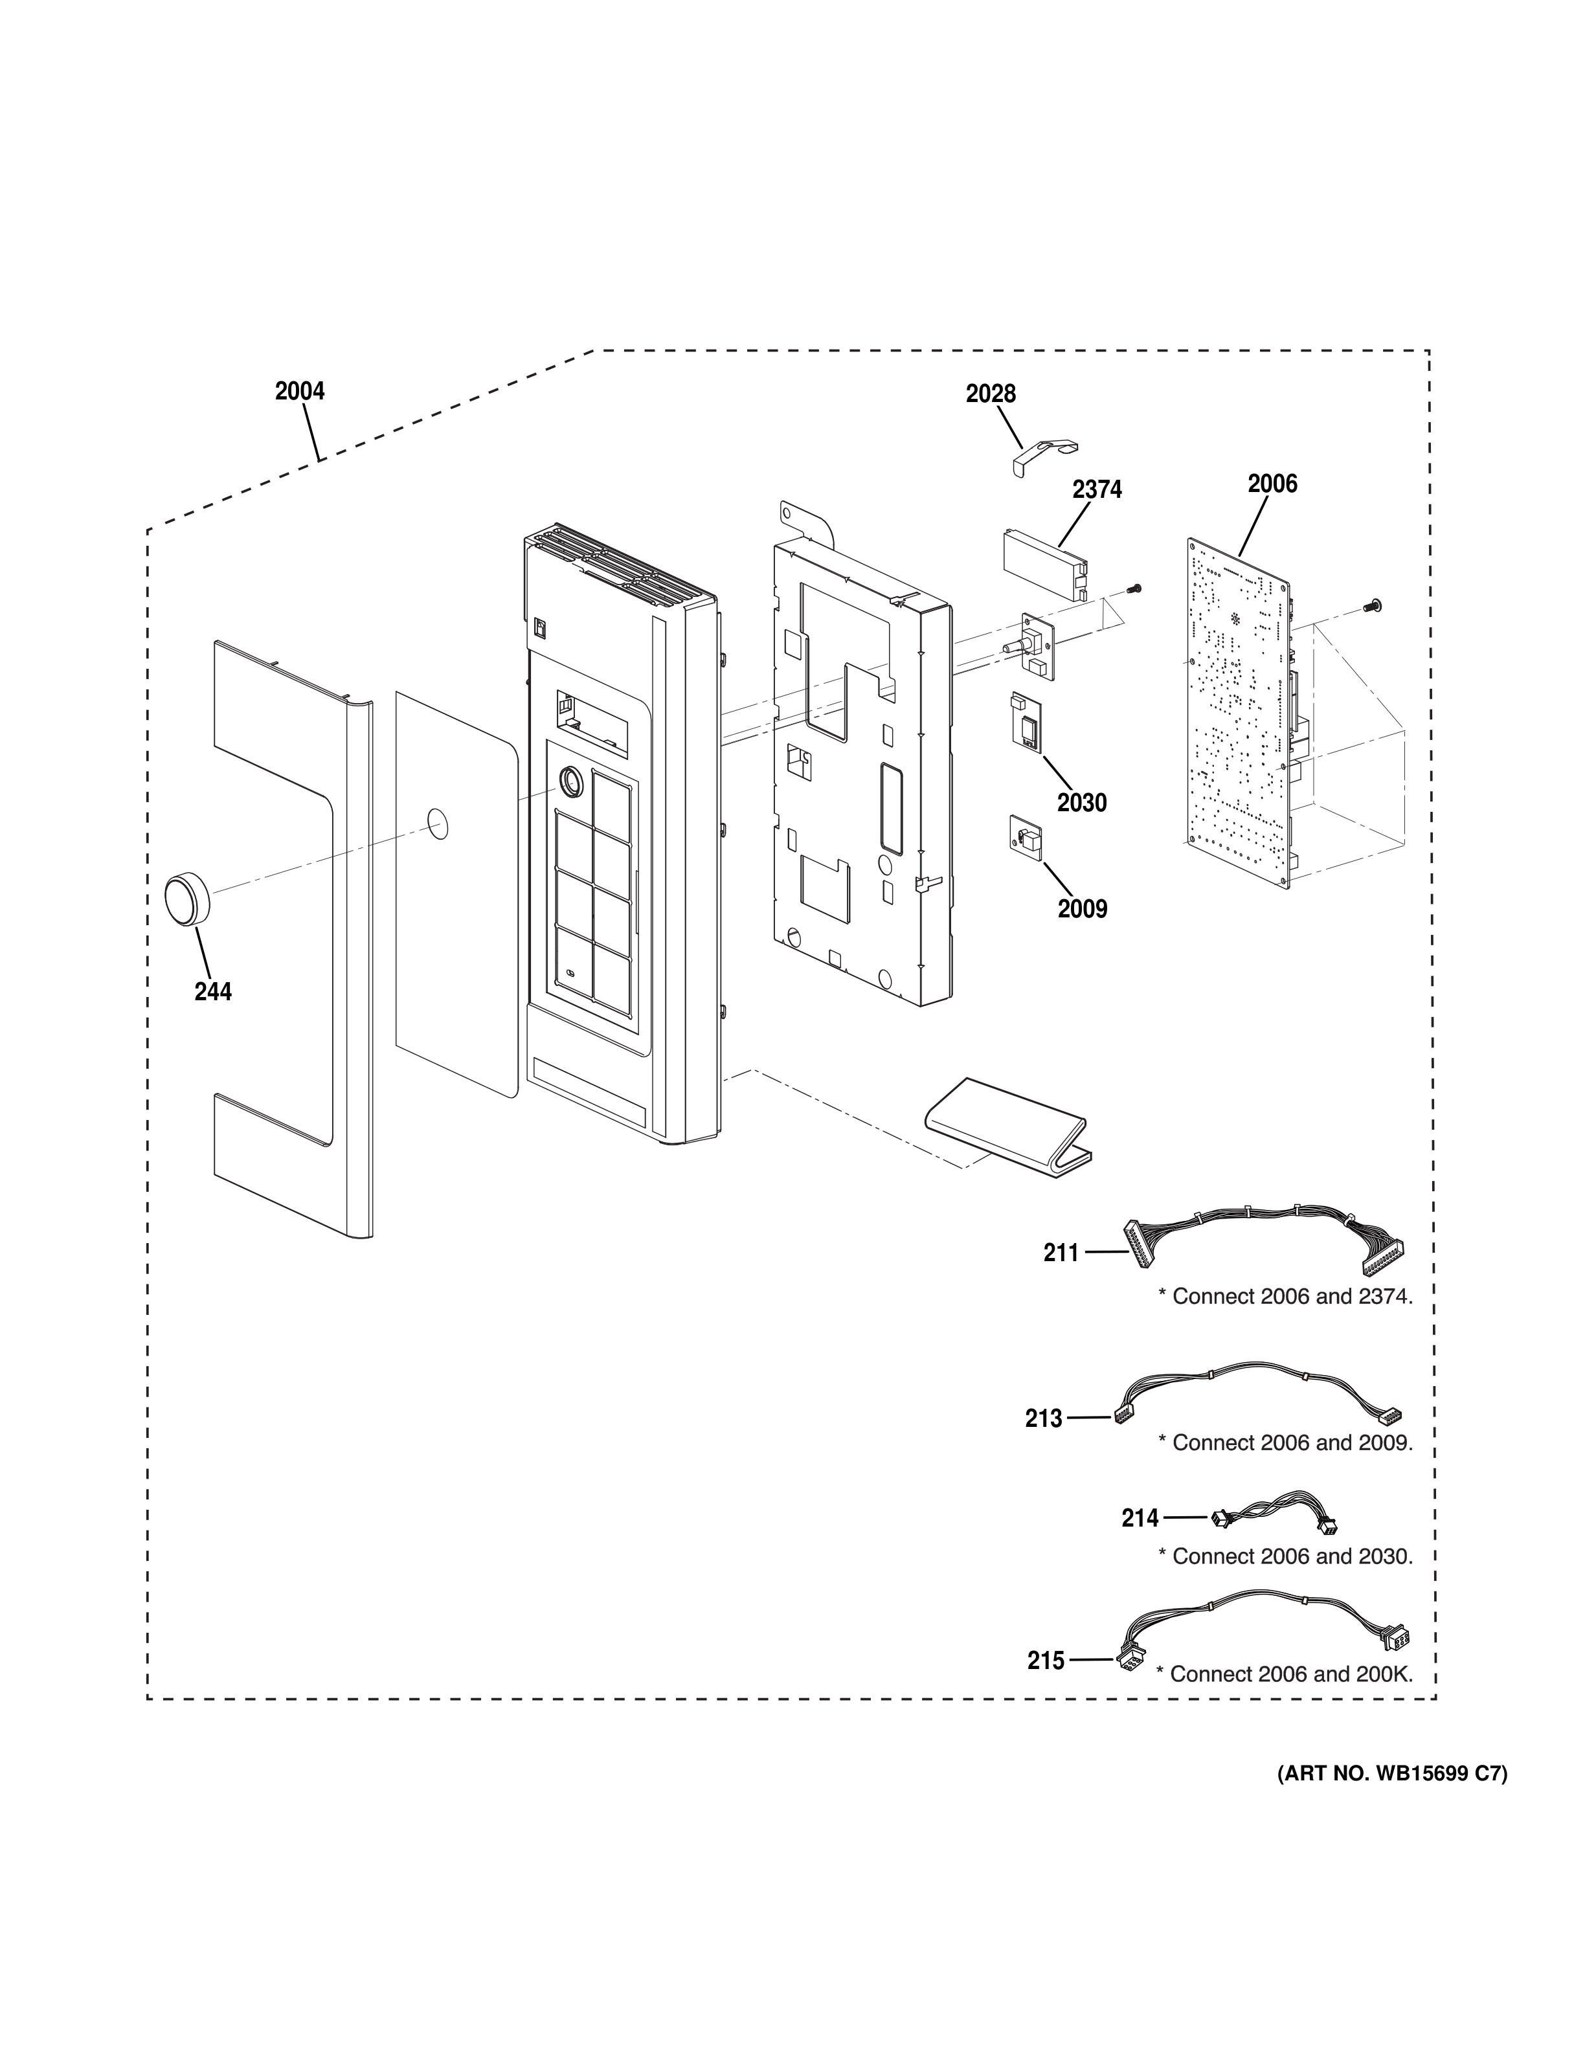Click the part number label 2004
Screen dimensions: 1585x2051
pos(300,390)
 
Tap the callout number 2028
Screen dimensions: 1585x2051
pos(991,394)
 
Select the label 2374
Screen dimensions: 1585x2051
pos(1097,489)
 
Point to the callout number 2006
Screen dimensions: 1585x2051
pos(1272,484)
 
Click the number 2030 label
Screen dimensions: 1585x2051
pos(1082,803)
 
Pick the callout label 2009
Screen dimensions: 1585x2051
pos(1083,909)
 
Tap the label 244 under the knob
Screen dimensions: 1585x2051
pos(213,992)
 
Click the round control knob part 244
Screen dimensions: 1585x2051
pos(187,899)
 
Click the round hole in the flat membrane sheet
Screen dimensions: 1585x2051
pos(438,824)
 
